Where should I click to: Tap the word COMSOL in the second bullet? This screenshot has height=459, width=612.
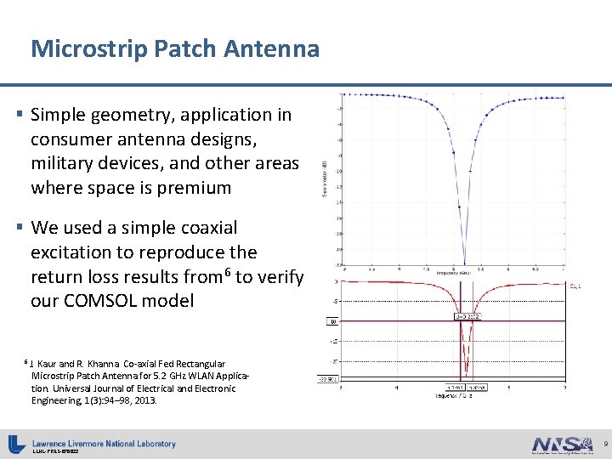(119, 301)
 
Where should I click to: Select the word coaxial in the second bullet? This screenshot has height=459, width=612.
(207, 228)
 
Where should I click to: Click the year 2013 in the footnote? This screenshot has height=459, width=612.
(145, 399)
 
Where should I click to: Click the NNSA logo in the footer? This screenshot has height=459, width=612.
(561, 444)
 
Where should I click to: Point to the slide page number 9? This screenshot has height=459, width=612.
(604, 445)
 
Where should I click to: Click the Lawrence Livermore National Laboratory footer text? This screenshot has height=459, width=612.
(104, 443)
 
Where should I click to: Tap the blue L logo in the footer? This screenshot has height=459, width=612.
(16, 444)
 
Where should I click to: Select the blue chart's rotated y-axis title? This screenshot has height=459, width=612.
(325, 178)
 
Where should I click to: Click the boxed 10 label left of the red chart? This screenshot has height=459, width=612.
(333, 322)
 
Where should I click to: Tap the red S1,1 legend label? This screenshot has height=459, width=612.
(575, 287)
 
